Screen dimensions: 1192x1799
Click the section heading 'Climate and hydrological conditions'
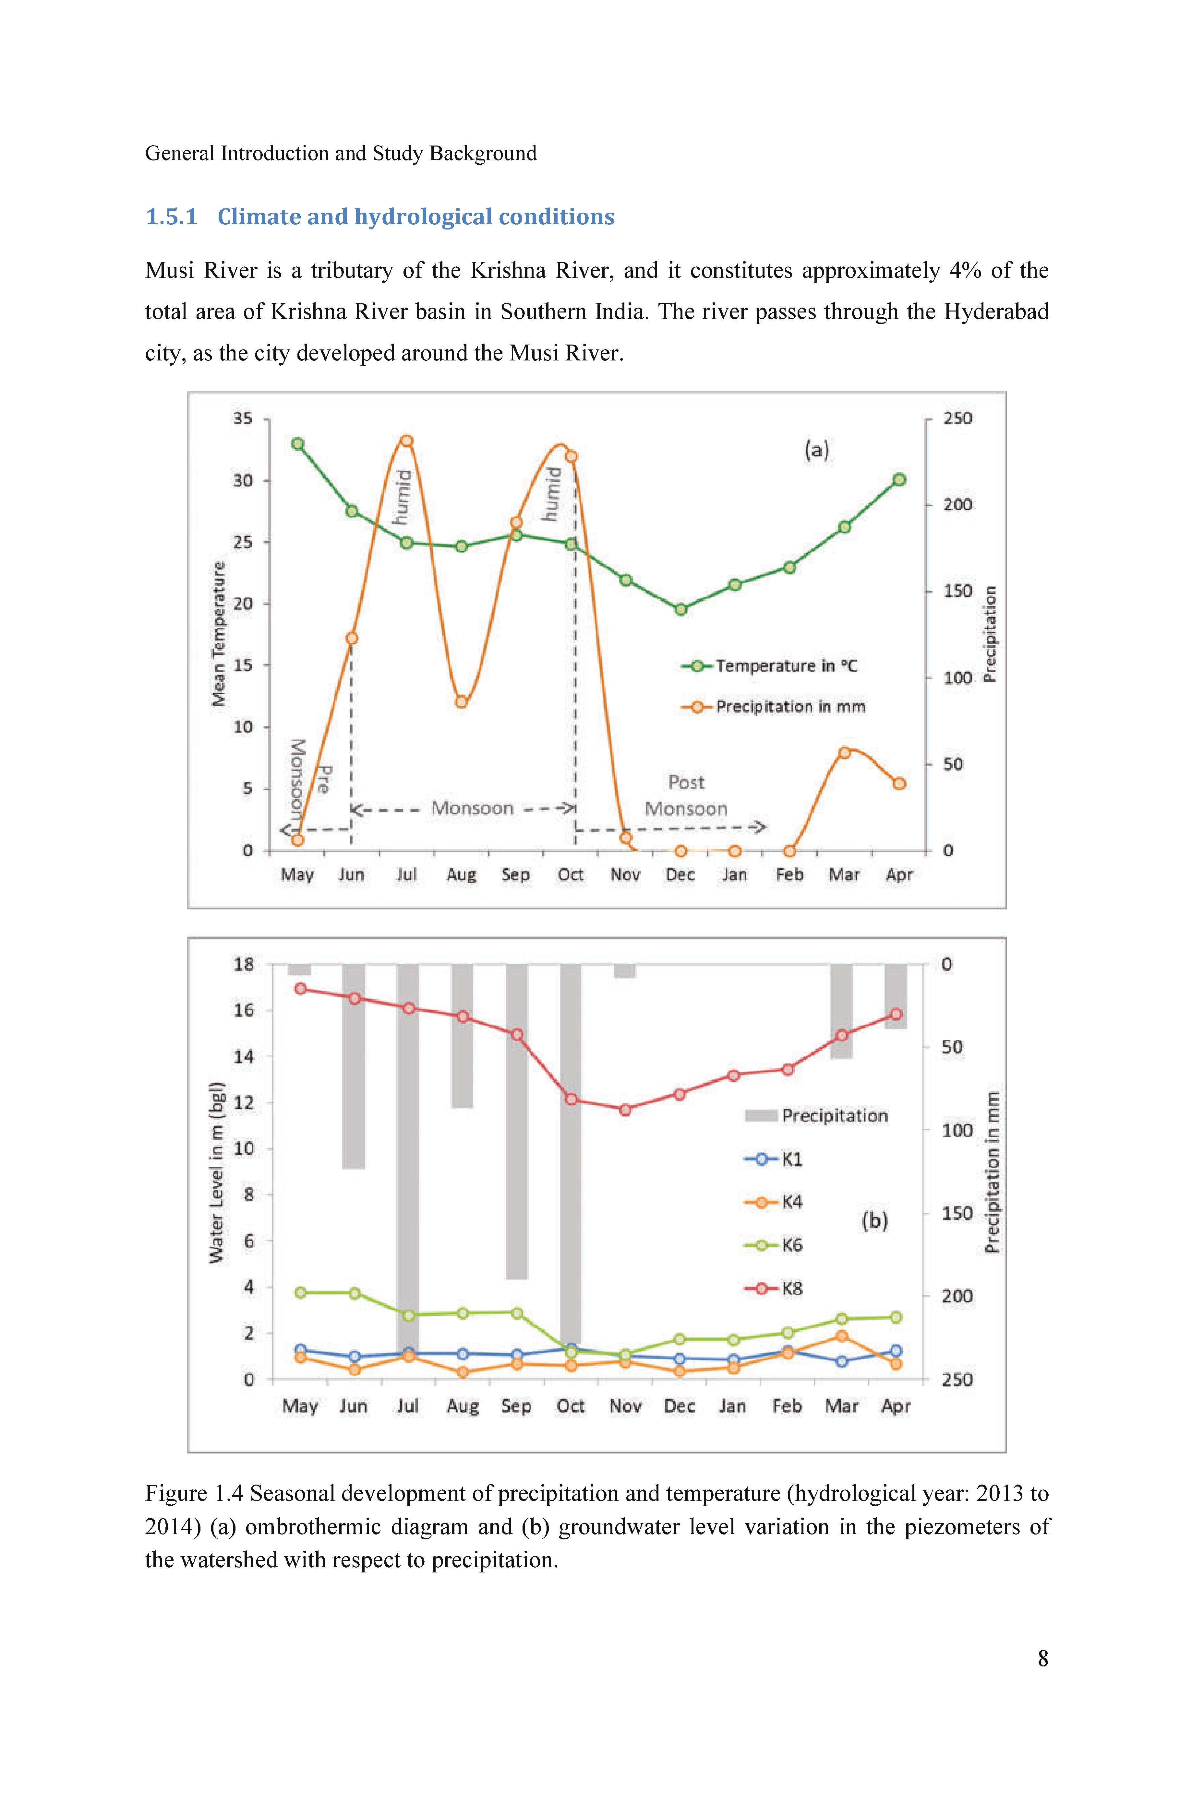pyautogui.click(x=416, y=217)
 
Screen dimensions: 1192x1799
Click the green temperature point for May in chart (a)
pyautogui.click(x=298, y=444)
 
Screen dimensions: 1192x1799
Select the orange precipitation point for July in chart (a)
pyautogui.click(x=407, y=441)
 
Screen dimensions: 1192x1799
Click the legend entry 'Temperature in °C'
pyautogui.click(x=769, y=666)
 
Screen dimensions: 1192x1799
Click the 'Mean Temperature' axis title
pyautogui.click(x=219, y=634)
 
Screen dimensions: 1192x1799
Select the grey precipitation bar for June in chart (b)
pyautogui.click(x=354, y=1067)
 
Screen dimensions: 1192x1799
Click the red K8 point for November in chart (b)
pyautogui.click(x=625, y=1110)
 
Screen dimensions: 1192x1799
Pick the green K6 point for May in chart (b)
pyautogui.click(x=300, y=1292)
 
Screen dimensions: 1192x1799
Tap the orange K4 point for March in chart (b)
pyautogui.click(x=842, y=1336)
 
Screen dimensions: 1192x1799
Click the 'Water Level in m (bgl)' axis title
pyautogui.click(x=217, y=1172)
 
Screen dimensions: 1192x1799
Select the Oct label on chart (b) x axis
pyautogui.click(x=570, y=1406)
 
